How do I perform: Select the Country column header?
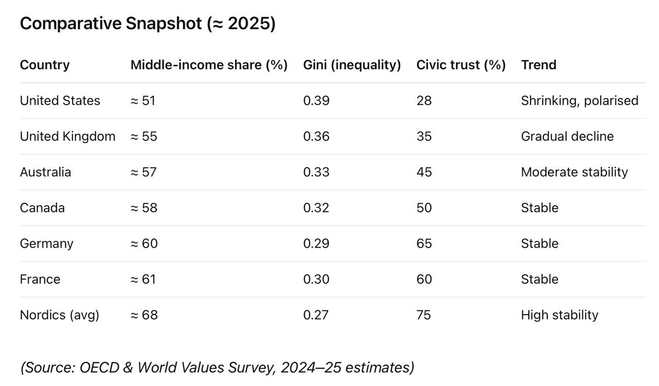pyautogui.click(x=44, y=65)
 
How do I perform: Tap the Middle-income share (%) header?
pyautogui.click(x=209, y=65)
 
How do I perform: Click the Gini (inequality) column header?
pyautogui.click(x=352, y=65)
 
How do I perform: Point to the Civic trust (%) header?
pyautogui.click(x=461, y=65)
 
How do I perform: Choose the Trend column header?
pyautogui.click(x=539, y=65)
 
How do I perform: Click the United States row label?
pyautogui.click(x=60, y=100)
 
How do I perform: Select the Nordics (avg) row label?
pyautogui.click(x=59, y=315)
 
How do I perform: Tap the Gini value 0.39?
pyautogui.click(x=316, y=100)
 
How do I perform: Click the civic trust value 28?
pyautogui.click(x=424, y=100)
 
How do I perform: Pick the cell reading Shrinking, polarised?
pyautogui.click(x=579, y=100)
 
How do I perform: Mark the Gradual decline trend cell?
pyautogui.click(x=567, y=137)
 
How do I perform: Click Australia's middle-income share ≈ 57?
pyautogui.click(x=143, y=172)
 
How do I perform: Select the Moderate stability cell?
pyautogui.click(x=574, y=172)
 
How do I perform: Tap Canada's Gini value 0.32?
pyautogui.click(x=316, y=208)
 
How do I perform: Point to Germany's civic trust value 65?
pyautogui.click(x=424, y=244)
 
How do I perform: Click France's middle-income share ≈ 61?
pyautogui.click(x=143, y=279)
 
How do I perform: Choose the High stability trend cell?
pyautogui.click(x=560, y=315)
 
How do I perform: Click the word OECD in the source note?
pyautogui.click(x=99, y=368)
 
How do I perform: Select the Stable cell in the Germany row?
pyautogui.click(x=539, y=244)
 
